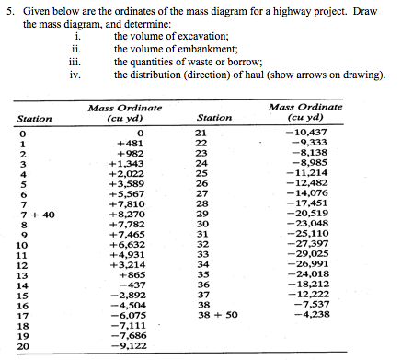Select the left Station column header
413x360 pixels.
(x=34, y=118)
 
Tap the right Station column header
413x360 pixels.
(x=214, y=118)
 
